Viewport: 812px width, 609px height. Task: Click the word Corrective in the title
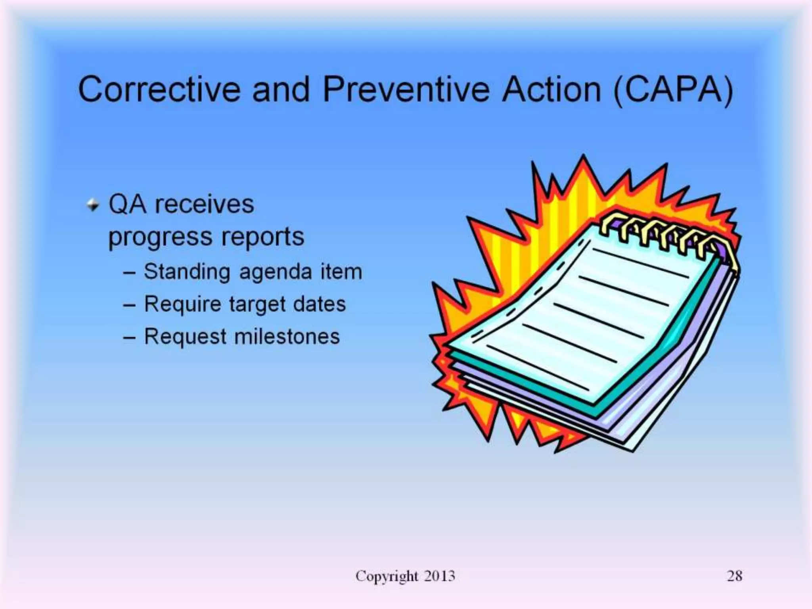(x=159, y=90)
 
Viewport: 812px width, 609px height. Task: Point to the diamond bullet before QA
(x=93, y=205)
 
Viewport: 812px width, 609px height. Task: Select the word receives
(x=204, y=205)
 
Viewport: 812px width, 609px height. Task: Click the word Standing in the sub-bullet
(x=187, y=272)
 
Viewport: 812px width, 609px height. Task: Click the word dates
(x=320, y=304)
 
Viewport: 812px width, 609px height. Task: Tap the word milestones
(x=287, y=337)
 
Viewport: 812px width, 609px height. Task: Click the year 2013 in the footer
(x=439, y=576)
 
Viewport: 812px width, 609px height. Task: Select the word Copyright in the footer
(x=387, y=576)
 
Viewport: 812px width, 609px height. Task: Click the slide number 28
(x=734, y=576)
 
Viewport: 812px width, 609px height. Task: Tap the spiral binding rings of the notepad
(x=666, y=234)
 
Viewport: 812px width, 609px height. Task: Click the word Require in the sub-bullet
(x=182, y=305)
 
